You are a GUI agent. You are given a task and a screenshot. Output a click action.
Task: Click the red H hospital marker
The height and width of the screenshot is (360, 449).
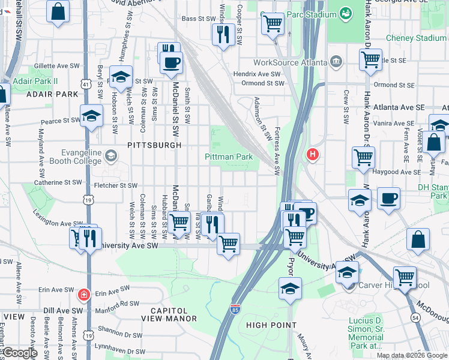pos(312,155)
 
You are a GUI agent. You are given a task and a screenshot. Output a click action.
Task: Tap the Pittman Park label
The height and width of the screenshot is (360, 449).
pos(229,157)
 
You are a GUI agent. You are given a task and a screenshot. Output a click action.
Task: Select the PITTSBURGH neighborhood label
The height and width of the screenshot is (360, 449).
pos(154,145)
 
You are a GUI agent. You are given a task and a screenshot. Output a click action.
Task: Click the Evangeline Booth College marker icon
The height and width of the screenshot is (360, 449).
pos(110,157)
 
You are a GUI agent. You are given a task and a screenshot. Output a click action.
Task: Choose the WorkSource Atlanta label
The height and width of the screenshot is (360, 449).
pos(290,62)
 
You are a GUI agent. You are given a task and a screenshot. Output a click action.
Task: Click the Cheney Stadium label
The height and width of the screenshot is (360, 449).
pos(416,38)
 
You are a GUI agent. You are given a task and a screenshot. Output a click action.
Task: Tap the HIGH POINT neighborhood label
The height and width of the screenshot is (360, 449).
pos(271,325)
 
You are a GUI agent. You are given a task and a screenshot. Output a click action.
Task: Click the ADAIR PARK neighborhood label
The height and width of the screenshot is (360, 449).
pos(52,94)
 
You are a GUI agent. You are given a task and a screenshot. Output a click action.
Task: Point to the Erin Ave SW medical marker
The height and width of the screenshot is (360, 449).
pos(83,295)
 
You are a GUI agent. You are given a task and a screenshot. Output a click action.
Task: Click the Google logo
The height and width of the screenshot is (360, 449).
pos(20,353)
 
